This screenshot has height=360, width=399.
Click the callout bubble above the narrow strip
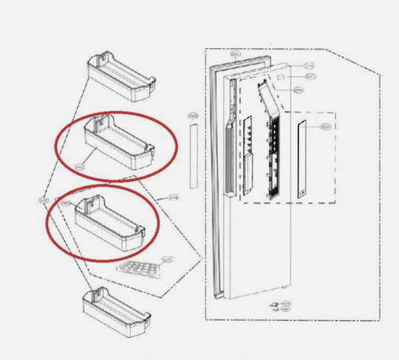193,117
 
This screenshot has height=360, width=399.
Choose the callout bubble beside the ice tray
168,258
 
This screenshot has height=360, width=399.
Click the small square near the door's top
282,76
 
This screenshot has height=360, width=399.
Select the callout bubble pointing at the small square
310,76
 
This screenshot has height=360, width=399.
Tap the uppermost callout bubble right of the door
308,64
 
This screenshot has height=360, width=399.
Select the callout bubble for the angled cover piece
299,90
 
